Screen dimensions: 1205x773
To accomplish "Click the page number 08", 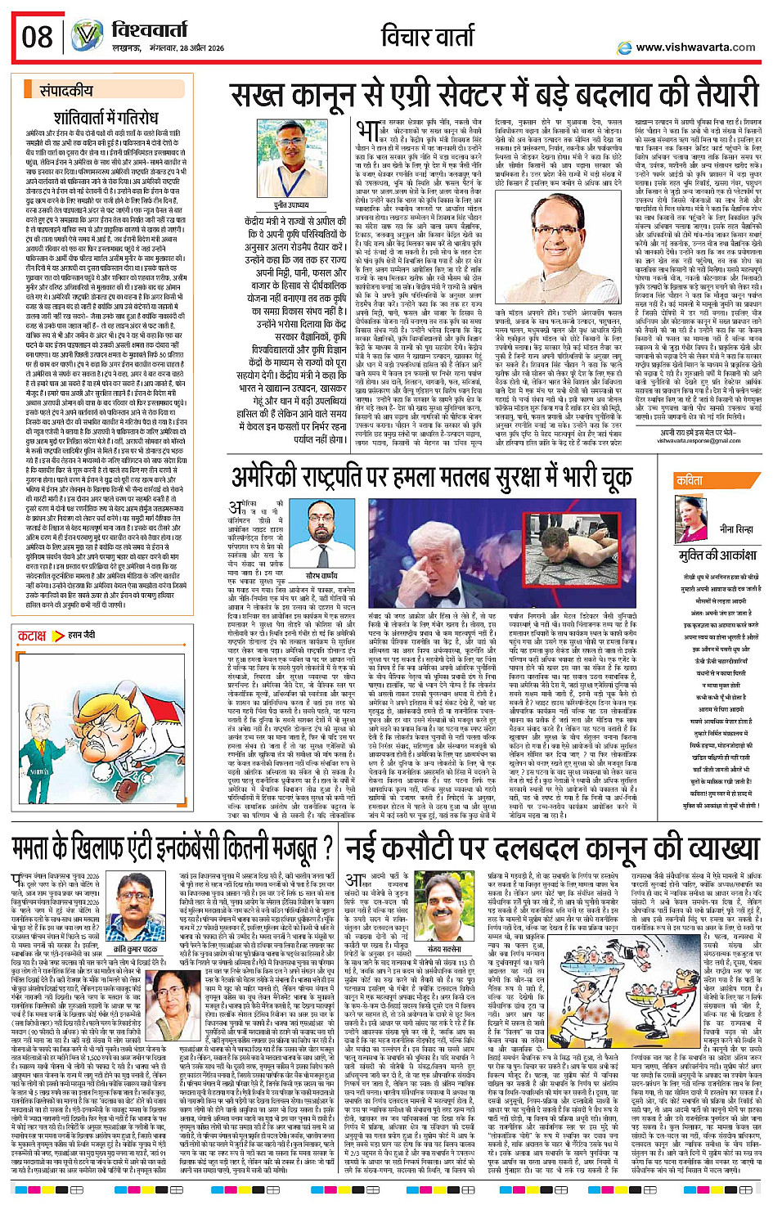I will pyautogui.click(x=38, y=36).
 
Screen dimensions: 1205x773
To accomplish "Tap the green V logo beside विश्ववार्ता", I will pyautogui.click(x=86, y=36).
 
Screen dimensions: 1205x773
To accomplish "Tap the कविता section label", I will pyautogui.click(x=690, y=481).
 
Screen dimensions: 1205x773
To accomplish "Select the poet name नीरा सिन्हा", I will pyautogui.click(x=735, y=529).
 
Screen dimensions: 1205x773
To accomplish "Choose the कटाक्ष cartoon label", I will pyautogui.click(x=32, y=635).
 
